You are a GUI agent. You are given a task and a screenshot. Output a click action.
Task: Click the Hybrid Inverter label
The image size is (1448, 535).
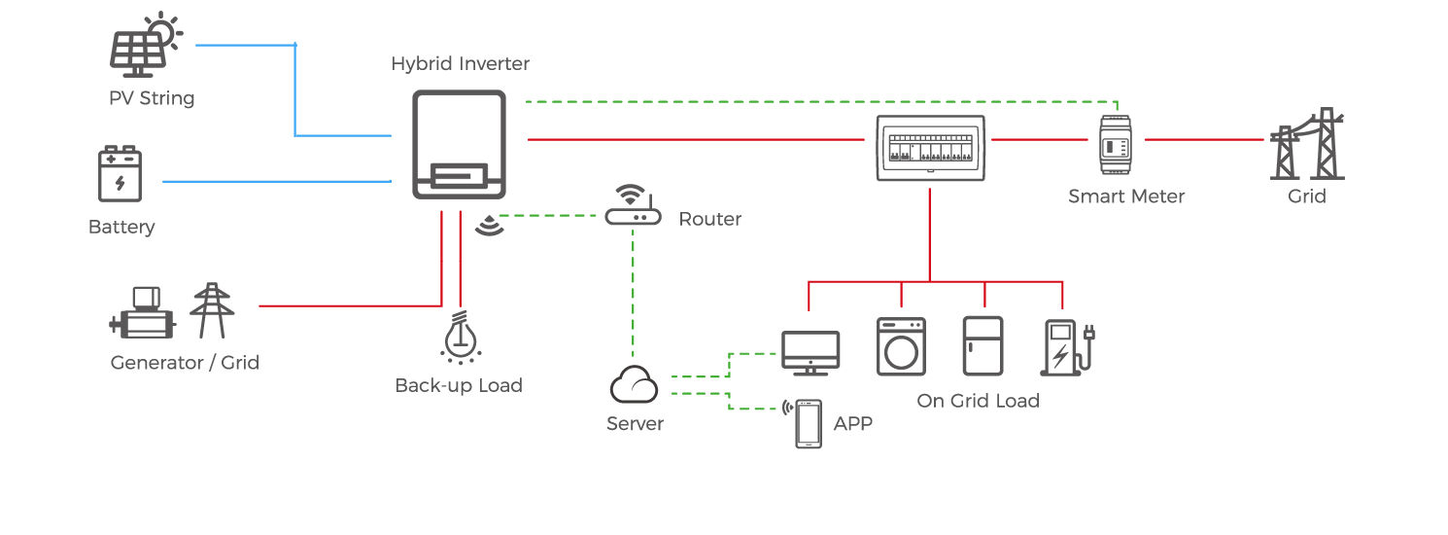pos(461,64)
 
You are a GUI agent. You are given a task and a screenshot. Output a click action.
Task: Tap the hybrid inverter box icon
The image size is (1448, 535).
pos(459,144)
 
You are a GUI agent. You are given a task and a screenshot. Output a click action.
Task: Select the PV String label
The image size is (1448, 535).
pos(152,98)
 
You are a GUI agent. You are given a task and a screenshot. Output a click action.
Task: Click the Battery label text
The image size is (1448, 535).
pos(121,227)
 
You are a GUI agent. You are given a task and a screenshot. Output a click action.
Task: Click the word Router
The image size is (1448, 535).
pos(709,219)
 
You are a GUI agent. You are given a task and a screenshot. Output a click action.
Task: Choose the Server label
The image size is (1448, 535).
pos(635,424)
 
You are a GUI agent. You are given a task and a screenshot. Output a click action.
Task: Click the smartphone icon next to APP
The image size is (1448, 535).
pos(808,423)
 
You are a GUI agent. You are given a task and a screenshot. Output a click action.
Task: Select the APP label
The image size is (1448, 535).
pos(852,423)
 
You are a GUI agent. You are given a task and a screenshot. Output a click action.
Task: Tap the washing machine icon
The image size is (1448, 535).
pos(901,346)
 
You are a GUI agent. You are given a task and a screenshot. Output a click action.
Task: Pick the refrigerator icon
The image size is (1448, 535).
pos(982,345)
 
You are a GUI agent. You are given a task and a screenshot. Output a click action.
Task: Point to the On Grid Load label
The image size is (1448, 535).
pos(978,401)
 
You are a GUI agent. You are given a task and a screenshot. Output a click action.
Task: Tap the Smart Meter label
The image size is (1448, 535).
pos(1126,196)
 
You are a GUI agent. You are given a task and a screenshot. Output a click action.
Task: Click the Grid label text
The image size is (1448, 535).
pos(1306,196)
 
